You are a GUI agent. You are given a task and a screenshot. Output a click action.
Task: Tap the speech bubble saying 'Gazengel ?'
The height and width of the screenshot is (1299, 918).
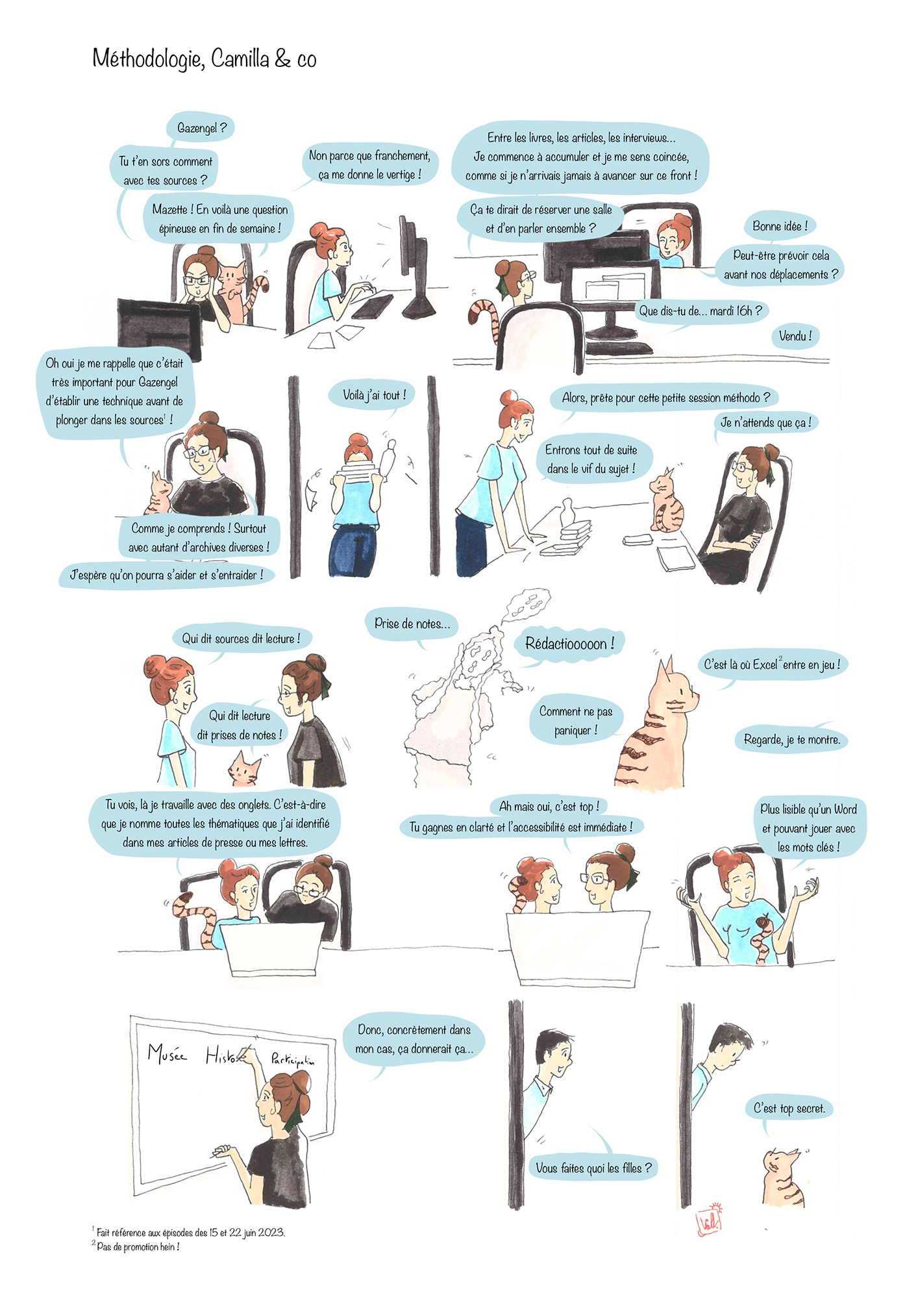[201, 128]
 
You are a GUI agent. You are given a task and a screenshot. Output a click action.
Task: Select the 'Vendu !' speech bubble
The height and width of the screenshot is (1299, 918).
[795, 336]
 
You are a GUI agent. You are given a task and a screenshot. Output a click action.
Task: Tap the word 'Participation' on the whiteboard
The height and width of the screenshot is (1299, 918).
[293, 1059]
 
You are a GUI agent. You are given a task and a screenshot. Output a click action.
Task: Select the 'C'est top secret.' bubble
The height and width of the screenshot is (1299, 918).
[789, 1109]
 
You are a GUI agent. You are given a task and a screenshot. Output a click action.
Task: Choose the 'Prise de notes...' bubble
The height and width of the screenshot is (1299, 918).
[412, 624]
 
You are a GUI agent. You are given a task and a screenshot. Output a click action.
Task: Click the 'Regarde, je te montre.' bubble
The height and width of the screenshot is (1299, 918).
[791, 739]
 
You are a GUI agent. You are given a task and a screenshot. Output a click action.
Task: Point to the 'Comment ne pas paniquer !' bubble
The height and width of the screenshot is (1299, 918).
[576, 720]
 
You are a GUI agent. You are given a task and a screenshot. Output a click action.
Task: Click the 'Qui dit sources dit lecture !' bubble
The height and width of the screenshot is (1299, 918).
[241, 638]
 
